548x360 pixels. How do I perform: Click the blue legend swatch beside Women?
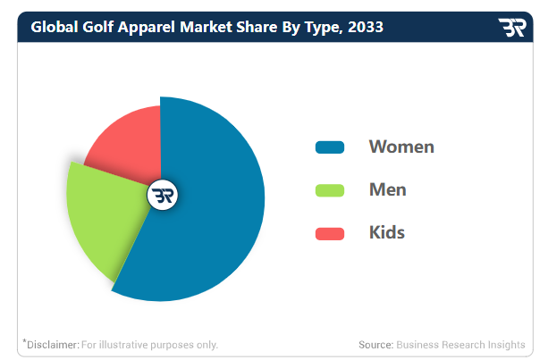tap(330, 147)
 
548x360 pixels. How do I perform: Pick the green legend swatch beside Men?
tap(330, 190)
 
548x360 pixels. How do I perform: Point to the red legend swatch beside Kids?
tap(330, 233)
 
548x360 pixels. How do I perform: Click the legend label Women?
tap(401, 147)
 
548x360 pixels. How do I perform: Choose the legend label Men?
tap(388, 190)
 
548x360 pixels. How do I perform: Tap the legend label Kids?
tap(387, 233)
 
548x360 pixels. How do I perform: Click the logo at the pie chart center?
tap(164, 196)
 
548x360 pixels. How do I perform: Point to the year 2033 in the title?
tap(367, 27)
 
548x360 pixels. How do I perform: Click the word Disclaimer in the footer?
tap(52, 345)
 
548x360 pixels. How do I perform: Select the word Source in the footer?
tap(375, 345)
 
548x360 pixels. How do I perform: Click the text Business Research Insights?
tap(461, 345)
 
